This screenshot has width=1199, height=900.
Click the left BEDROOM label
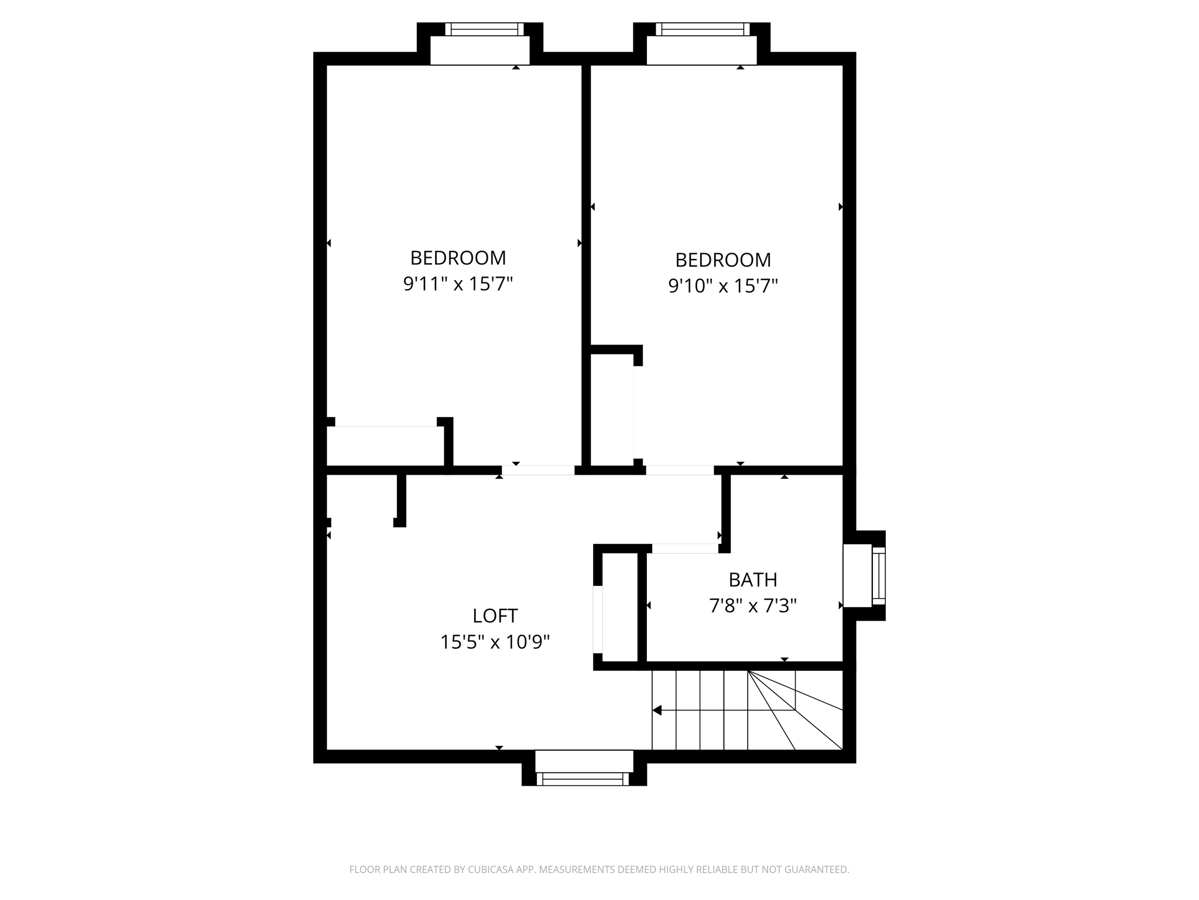pyautogui.click(x=458, y=258)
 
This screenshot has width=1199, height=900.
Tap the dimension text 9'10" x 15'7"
pyautogui.click(x=723, y=286)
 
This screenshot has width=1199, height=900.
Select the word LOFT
pyautogui.click(x=495, y=616)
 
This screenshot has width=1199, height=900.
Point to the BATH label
pyautogui.click(x=753, y=579)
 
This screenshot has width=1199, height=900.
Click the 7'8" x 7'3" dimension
pyautogui.click(x=753, y=605)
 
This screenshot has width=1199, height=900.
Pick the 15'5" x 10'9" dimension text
pyautogui.click(x=495, y=642)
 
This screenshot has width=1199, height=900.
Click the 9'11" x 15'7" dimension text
pyautogui.click(x=458, y=284)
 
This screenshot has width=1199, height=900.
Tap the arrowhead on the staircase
pyautogui.click(x=657, y=710)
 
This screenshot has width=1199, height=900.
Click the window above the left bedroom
pyautogui.click(x=484, y=29)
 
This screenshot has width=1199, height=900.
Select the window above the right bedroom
pyautogui.click(x=702, y=29)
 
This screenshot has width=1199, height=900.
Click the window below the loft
pyautogui.click(x=583, y=779)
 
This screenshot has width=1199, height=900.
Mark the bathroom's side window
pyautogui.click(x=878, y=575)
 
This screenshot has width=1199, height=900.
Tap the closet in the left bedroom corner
pyautogui.click(x=385, y=446)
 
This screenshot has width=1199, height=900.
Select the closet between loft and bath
pyautogui.click(x=620, y=607)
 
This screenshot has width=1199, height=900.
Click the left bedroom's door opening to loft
pyautogui.click(x=538, y=470)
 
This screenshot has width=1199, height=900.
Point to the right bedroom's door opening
pyautogui.click(x=679, y=470)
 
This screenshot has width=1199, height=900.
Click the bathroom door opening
pyautogui.click(x=685, y=548)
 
